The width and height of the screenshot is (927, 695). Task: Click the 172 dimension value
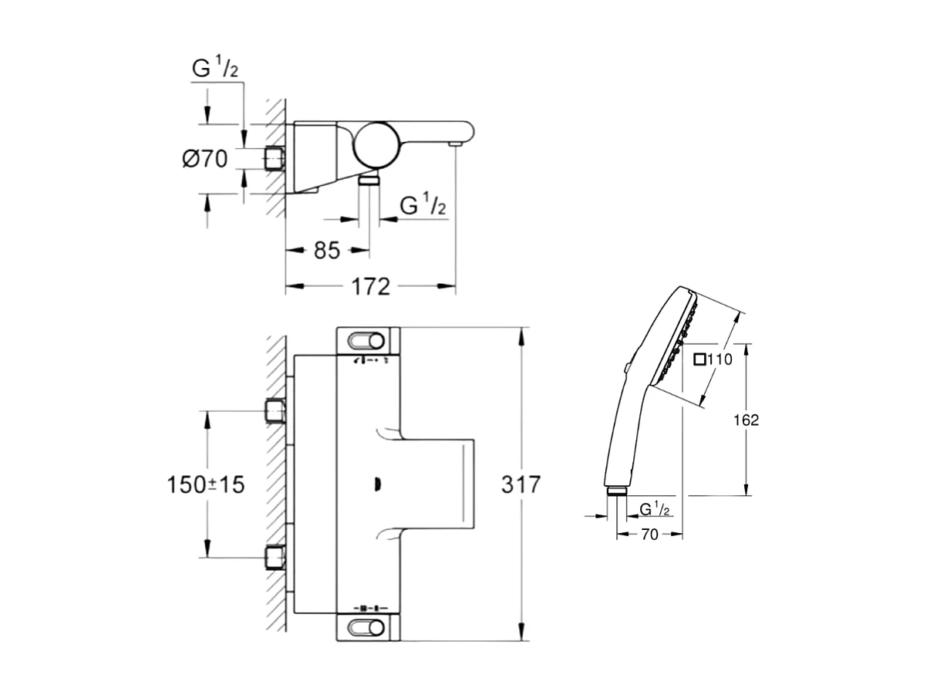coord(371,287)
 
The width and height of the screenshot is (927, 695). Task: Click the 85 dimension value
coord(326,250)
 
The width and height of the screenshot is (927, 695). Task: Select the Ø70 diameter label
coord(204,160)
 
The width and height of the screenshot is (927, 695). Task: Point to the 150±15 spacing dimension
coord(206,485)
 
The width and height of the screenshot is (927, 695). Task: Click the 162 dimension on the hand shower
coord(746,420)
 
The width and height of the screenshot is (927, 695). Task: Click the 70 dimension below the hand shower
coord(649,534)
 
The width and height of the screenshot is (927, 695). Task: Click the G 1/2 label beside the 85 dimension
coord(423,205)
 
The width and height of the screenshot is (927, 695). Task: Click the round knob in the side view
coord(375,143)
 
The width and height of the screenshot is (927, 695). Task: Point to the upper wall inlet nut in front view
coord(275,410)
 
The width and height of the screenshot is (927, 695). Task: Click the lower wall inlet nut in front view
coord(275,557)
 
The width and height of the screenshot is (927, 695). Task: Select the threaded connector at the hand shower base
coord(617,491)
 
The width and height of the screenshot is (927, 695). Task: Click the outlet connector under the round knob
coord(369,180)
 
